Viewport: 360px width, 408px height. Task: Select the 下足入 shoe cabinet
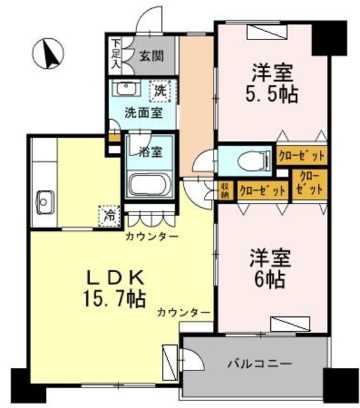(x=116, y=54)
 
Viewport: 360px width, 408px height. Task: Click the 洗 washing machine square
(x=159, y=90)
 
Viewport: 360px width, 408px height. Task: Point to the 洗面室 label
(x=141, y=113)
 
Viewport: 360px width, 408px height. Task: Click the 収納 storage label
(x=225, y=191)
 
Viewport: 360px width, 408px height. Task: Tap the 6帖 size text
(x=271, y=279)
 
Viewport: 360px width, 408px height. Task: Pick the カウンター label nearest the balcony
(x=184, y=312)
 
